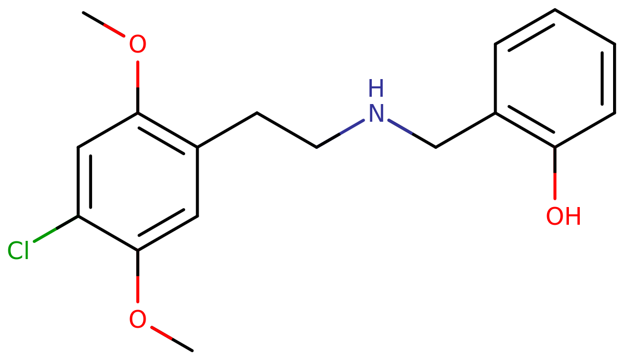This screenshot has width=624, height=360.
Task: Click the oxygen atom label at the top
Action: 137,45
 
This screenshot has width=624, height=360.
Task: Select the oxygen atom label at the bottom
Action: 137,319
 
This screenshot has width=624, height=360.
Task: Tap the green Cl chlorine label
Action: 18,251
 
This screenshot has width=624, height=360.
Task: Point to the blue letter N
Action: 376,113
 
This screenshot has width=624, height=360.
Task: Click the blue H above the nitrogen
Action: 376,88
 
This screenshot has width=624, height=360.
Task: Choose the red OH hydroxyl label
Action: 563,216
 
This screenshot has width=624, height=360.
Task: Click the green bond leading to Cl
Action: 45,235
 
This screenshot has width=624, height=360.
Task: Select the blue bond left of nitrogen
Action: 352,126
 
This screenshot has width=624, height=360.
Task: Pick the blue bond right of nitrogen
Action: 400,127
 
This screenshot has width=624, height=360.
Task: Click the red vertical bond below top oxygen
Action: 137,74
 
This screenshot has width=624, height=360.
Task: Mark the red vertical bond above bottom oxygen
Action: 137,289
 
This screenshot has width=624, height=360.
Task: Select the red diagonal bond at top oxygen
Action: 114,30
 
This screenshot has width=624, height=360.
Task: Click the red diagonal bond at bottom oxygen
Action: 161,333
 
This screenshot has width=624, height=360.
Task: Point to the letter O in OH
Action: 555,216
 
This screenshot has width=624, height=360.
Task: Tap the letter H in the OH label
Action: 571,216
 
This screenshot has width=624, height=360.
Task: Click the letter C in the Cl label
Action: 15,251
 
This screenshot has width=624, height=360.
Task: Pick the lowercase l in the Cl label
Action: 25,250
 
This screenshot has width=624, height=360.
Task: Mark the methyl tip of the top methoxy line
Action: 105,24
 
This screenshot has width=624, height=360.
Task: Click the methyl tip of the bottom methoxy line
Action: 171,339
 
